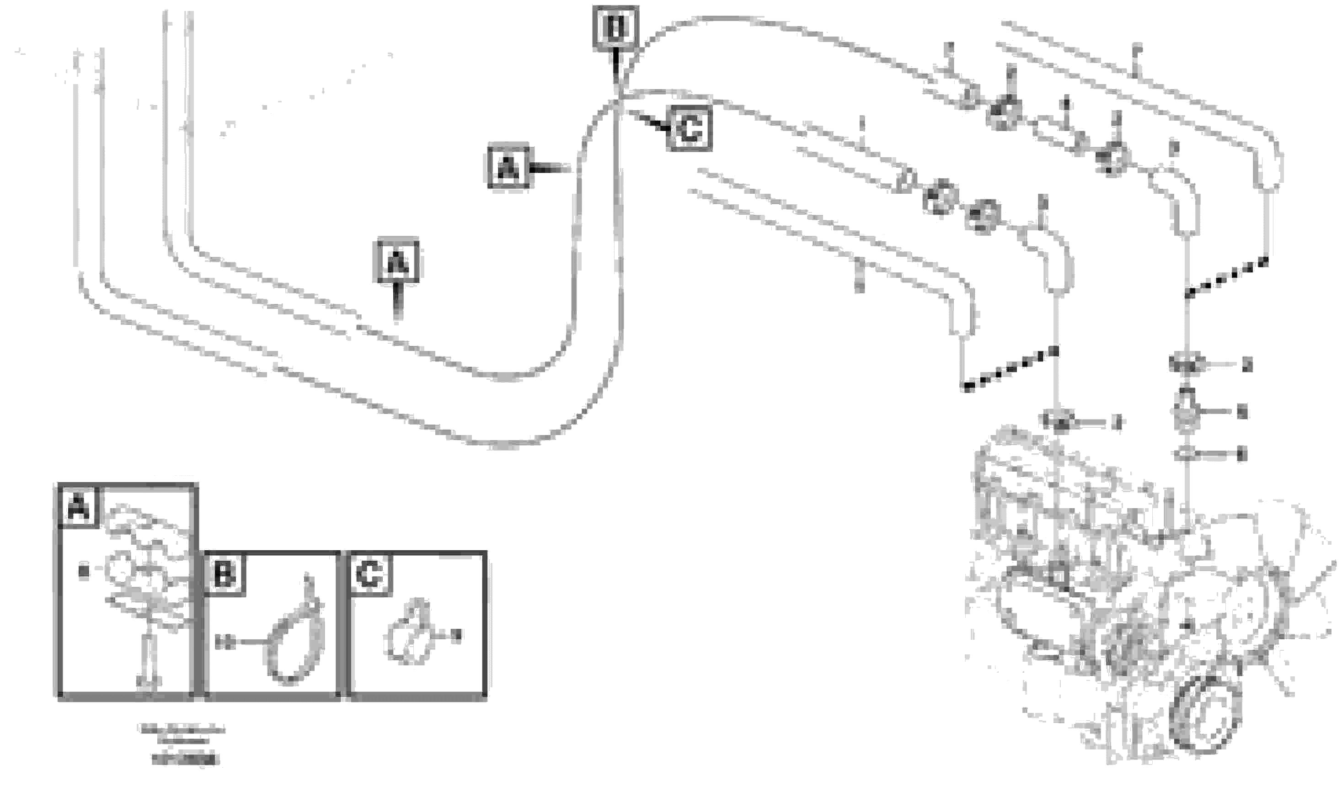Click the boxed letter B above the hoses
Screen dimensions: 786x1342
pos(615,26)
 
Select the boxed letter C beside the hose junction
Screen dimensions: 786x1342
pos(690,128)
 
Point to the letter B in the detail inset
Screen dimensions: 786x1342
pos(224,574)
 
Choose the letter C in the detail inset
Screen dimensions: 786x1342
pos(370,574)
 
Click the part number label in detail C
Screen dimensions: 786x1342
pos(456,635)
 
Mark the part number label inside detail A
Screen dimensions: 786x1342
pos(83,573)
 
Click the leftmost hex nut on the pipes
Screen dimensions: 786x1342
pos(939,198)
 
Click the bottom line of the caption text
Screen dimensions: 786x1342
pos(185,759)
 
